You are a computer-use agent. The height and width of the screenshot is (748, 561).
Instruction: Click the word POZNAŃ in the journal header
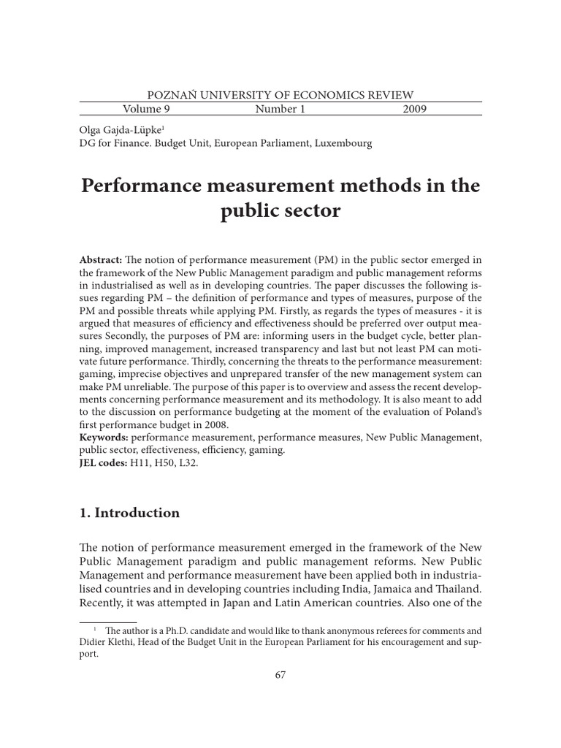pyautogui.click(x=170, y=94)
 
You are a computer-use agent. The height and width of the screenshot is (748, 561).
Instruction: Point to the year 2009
pyautogui.click(x=414, y=110)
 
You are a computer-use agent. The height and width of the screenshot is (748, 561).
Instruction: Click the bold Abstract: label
pyautogui.click(x=101, y=261)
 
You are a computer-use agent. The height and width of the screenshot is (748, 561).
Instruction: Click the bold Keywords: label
pyautogui.click(x=104, y=437)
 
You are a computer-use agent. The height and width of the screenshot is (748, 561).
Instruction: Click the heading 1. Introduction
pyautogui.click(x=129, y=513)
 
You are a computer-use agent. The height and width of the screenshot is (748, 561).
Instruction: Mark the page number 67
pyautogui.click(x=280, y=675)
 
